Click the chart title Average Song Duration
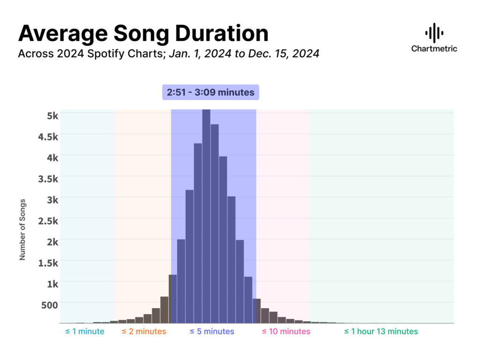(143, 33)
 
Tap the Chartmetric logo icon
(434, 33)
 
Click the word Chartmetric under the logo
(434, 48)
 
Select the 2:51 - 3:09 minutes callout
(210, 92)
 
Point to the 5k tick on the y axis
(52, 115)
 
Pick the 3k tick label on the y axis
(52, 199)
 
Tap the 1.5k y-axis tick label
(49, 262)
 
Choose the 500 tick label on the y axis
(50, 305)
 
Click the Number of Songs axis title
(22, 230)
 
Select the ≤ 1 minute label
(85, 331)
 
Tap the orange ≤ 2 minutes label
(144, 331)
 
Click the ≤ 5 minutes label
(212, 331)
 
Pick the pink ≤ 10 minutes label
(286, 331)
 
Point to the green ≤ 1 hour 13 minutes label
(381, 331)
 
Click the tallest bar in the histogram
(206, 215)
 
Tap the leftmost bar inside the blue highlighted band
(173, 299)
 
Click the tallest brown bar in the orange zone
(164, 310)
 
